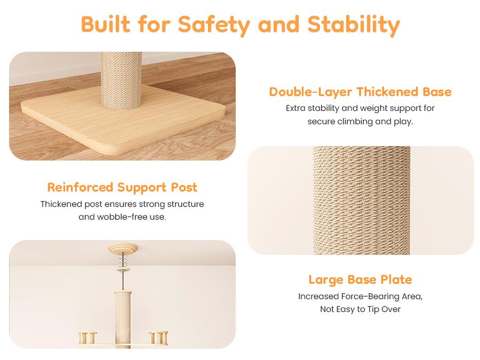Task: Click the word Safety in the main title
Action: [x=214, y=25]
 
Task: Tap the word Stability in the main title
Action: [x=354, y=25]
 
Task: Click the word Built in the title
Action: [x=106, y=24]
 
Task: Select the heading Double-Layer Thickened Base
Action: [x=361, y=92]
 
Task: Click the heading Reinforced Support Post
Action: [x=122, y=187]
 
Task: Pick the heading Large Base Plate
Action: [x=361, y=279]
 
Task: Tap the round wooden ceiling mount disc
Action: [x=123, y=248]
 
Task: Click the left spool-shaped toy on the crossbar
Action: [x=87, y=338]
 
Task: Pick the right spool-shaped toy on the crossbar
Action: [x=158, y=338]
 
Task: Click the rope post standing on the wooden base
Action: [x=121, y=81]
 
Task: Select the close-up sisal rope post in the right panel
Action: [x=362, y=201]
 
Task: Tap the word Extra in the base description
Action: [x=295, y=108]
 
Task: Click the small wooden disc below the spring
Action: [x=123, y=269]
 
